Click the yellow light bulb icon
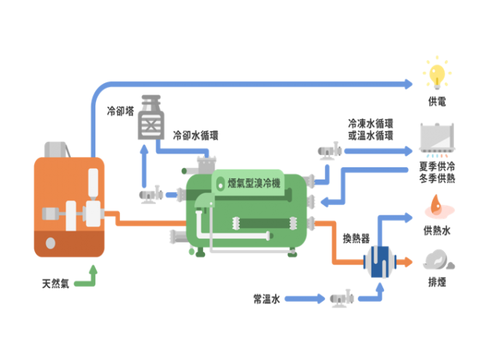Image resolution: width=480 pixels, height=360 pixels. point(436,73)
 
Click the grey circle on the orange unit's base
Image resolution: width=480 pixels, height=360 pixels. point(50,243)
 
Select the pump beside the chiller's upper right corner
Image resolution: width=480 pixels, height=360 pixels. point(329,151)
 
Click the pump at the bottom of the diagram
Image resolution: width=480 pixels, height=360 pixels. point(342,297)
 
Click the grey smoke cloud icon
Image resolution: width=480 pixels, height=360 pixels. point(436,260)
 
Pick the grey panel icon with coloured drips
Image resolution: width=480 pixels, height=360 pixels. point(437,140)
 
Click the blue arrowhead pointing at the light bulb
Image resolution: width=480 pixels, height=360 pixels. point(409,84)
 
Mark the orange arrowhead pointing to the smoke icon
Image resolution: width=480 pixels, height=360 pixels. point(409,260)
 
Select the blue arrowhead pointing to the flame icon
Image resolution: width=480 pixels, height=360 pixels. point(409,216)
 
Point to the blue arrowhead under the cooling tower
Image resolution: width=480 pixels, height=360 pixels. point(145,150)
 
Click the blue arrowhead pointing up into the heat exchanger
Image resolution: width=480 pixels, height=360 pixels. point(378,284)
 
